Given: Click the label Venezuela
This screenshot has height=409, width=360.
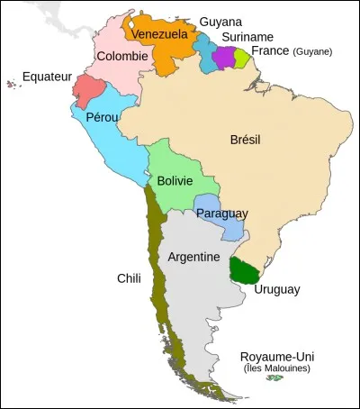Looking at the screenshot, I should [158, 34].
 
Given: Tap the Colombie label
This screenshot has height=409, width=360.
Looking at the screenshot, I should [122, 56].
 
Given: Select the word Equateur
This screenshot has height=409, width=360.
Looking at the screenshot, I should [48, 77].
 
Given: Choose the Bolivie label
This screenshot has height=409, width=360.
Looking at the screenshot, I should [175, 181].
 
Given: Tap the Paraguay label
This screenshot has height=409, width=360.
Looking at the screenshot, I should [221, 214].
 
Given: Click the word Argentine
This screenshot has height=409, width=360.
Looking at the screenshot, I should [194, 257].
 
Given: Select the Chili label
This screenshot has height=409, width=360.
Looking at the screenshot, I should [129, 277].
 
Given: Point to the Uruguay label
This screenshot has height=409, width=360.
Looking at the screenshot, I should [276, 289].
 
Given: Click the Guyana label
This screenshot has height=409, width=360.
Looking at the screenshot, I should [220, 19].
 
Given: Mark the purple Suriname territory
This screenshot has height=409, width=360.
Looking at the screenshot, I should [224, 58].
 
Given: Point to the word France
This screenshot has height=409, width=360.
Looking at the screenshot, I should [270, 51].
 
